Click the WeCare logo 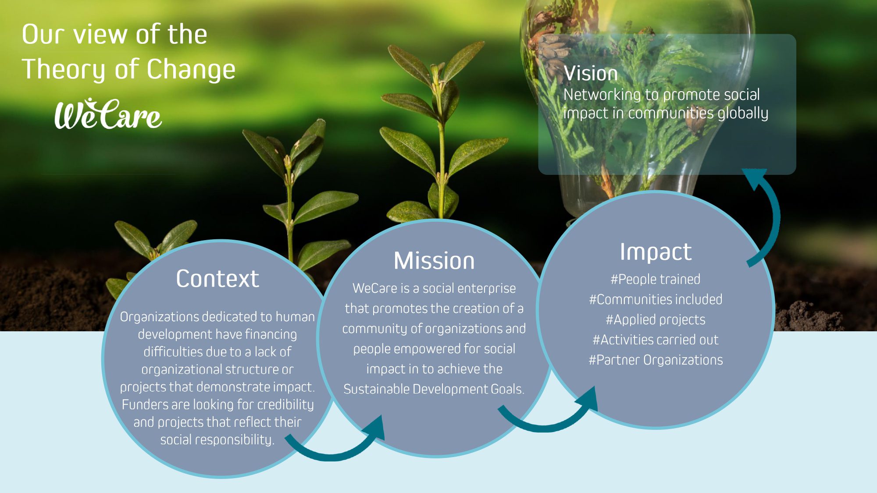108,113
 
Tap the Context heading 217,279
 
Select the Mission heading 434,261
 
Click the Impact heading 656,252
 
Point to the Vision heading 591,73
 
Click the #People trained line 656,279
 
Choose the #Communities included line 656,299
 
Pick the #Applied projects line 656,320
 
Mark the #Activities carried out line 656,340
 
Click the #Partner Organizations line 656,360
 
